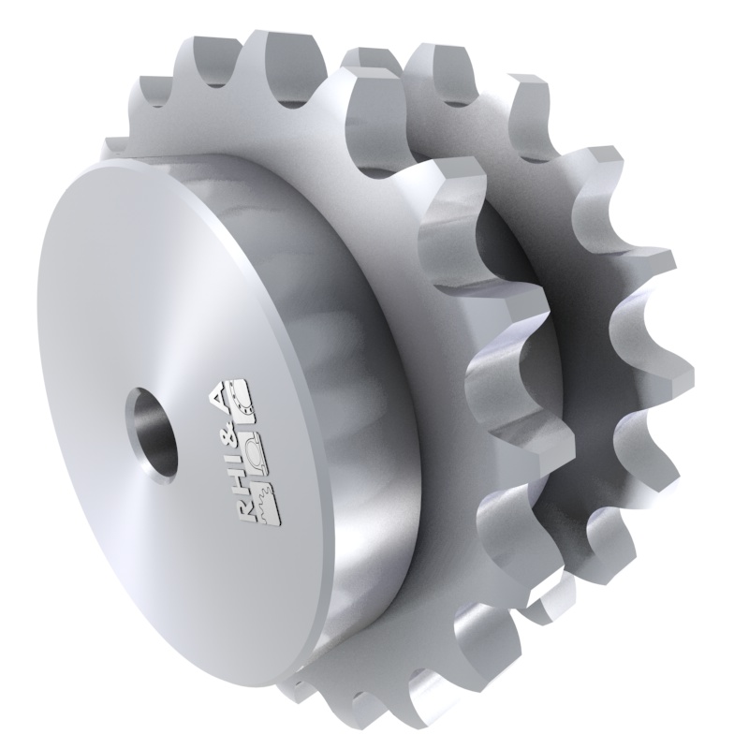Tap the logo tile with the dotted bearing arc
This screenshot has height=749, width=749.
[x=246, y=398]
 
